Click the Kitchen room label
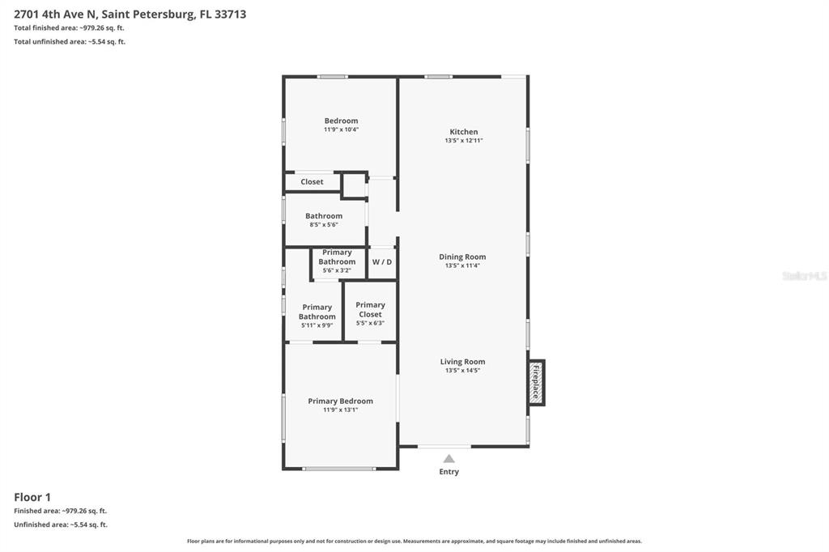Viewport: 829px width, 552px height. pyautogui.click(x=464, y=132)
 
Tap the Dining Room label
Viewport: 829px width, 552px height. pyautogui.click(x=462, y=257)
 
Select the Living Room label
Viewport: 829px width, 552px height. pyautogui.click(x=462, y=362)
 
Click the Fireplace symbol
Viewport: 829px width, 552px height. pyautogui.click(x=535, y=383)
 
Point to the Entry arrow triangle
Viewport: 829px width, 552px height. pyautogui.click(x=449, y=459)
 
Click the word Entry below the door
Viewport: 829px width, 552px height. pyautogui.click(x=449, y=472)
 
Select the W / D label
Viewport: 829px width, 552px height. pyautogui.click(x=381, y=262)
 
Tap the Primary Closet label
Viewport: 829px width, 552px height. pyautogui.click(x=370, y=309)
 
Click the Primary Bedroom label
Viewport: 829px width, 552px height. pyautogui.click(x=340, y=401)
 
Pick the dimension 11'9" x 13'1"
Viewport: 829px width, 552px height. pyautogui.click(x=340, y=410)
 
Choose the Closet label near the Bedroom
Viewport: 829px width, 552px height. pyautogui.click(x=312, y=182)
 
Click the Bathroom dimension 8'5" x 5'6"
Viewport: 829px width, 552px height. pyautogui.click(x=323, y=225)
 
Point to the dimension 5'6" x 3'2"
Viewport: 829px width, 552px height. pyautogui.click(x=337, y=270)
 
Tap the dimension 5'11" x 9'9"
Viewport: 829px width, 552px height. pyautogui.click(x=317, y=325)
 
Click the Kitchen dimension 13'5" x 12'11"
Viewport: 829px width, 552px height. pyautogui.click(x=464, y=141)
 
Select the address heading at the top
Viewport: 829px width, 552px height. pyautogui.click(x=130, y=14)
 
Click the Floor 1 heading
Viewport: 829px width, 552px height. pyautogui.click(x=32, y=497)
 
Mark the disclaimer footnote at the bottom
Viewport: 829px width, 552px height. pyautogui.click(x=414, y=541)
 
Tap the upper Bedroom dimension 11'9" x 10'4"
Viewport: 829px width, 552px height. pyautogui.click(x=341, y=130)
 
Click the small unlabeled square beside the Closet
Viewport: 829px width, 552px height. pyautogui.click(x=354, y=185)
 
